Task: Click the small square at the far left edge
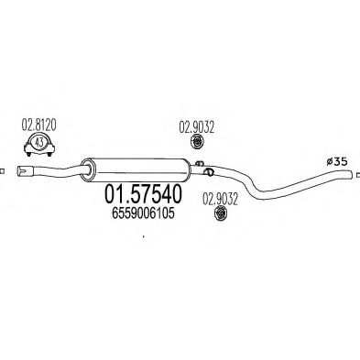(x=3, y=169)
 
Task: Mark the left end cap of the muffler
(x=87, y=169)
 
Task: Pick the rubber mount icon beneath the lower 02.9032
(x=219, y=213)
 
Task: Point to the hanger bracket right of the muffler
(x=209, y=171)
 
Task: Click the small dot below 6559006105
(x=143, y=240)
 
